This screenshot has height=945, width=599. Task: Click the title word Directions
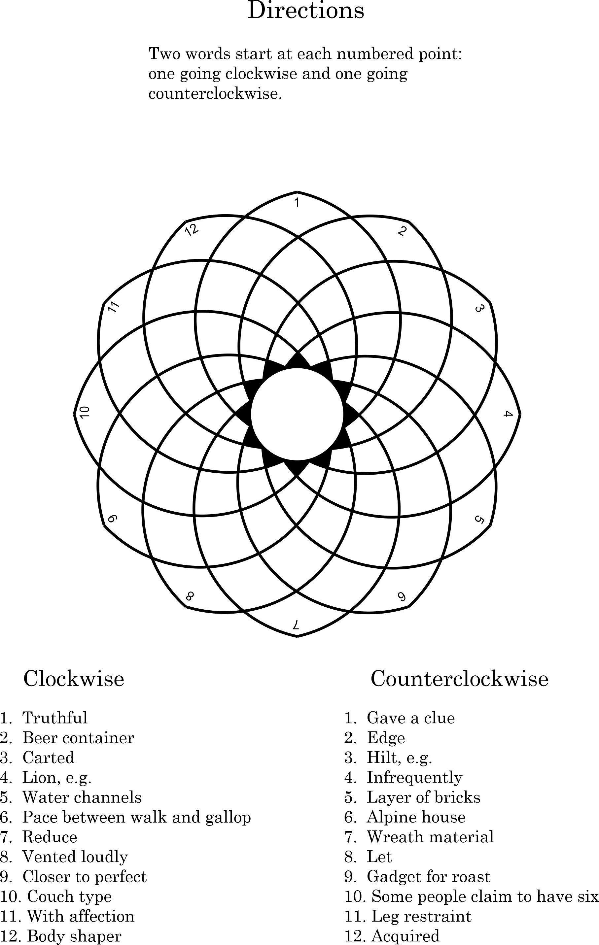[x=305, y=11]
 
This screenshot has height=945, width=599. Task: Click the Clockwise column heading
[x=74, y=678]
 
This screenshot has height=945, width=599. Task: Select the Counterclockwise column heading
[x=459, y=678]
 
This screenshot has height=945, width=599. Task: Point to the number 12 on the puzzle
[x=192, y=230]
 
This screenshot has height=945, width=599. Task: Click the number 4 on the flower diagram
[x=508, y=414]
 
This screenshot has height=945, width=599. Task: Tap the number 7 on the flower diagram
[x=297, y=624]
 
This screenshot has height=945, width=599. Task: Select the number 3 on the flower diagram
[x=478, y=309]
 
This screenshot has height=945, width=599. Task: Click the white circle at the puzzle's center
[x=297, y=414]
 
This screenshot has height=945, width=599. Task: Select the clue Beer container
[x=78, y=738]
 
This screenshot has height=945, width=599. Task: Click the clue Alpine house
[x=416, y=817]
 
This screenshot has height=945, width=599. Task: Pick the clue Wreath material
[x=430, y=837]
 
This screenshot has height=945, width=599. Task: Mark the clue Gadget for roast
[x=428, y=876]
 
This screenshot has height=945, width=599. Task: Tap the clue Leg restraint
[x=421, y=916]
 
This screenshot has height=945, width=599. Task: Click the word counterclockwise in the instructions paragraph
[x=215, y=94]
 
